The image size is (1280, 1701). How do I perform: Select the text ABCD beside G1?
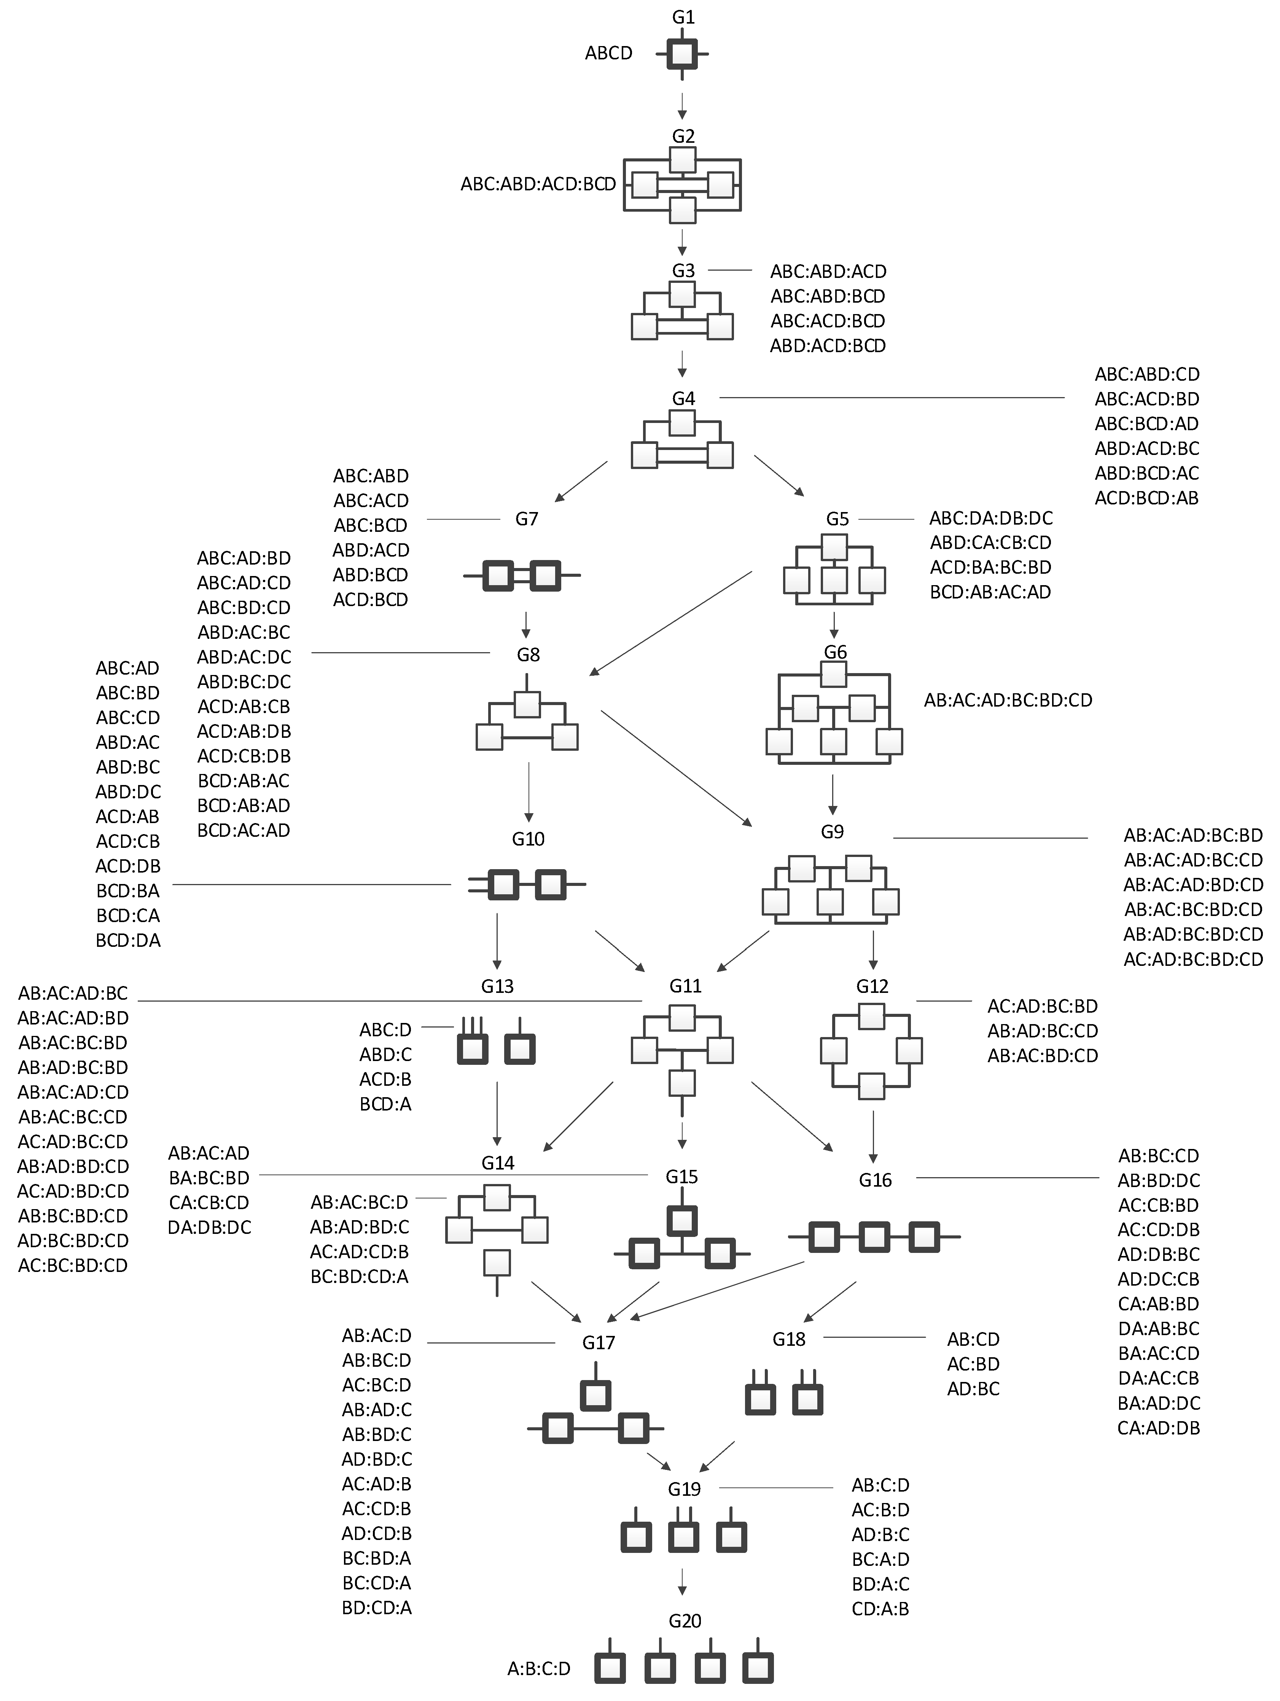(608, 53)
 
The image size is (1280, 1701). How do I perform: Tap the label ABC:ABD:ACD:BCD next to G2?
(538, 185)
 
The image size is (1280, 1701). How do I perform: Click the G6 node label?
(835, 652)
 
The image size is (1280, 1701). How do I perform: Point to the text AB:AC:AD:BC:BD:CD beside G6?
(1008, 701)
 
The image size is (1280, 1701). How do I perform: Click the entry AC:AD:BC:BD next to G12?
(1043, 1006)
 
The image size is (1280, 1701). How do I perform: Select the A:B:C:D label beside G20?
(539, 1669)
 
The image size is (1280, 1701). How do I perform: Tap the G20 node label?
(684, 1621)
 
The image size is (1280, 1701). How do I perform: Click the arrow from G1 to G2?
(682, 106)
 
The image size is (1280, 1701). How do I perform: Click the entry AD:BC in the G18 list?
(973, 1389)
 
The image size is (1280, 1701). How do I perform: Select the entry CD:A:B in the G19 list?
(880, 1609)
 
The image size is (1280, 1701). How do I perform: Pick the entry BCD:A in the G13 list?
(385, 1104)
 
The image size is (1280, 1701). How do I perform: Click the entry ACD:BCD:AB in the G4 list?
(1146, 498)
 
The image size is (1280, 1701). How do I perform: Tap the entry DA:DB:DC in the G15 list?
(209, 1227)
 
